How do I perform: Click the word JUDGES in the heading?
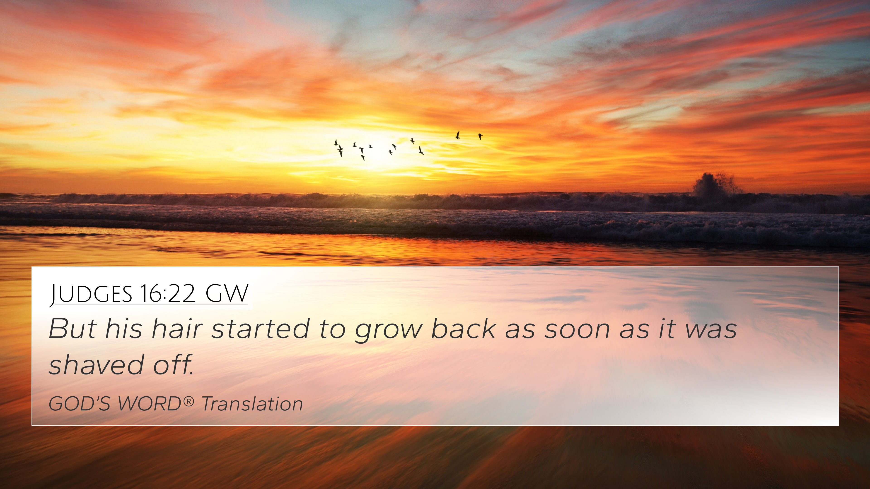[x=91, y=294]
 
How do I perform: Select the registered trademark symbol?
[x=189, y=401]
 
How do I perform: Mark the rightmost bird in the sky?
[x=480, y=136]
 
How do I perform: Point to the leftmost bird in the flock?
[x=336, y=142]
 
